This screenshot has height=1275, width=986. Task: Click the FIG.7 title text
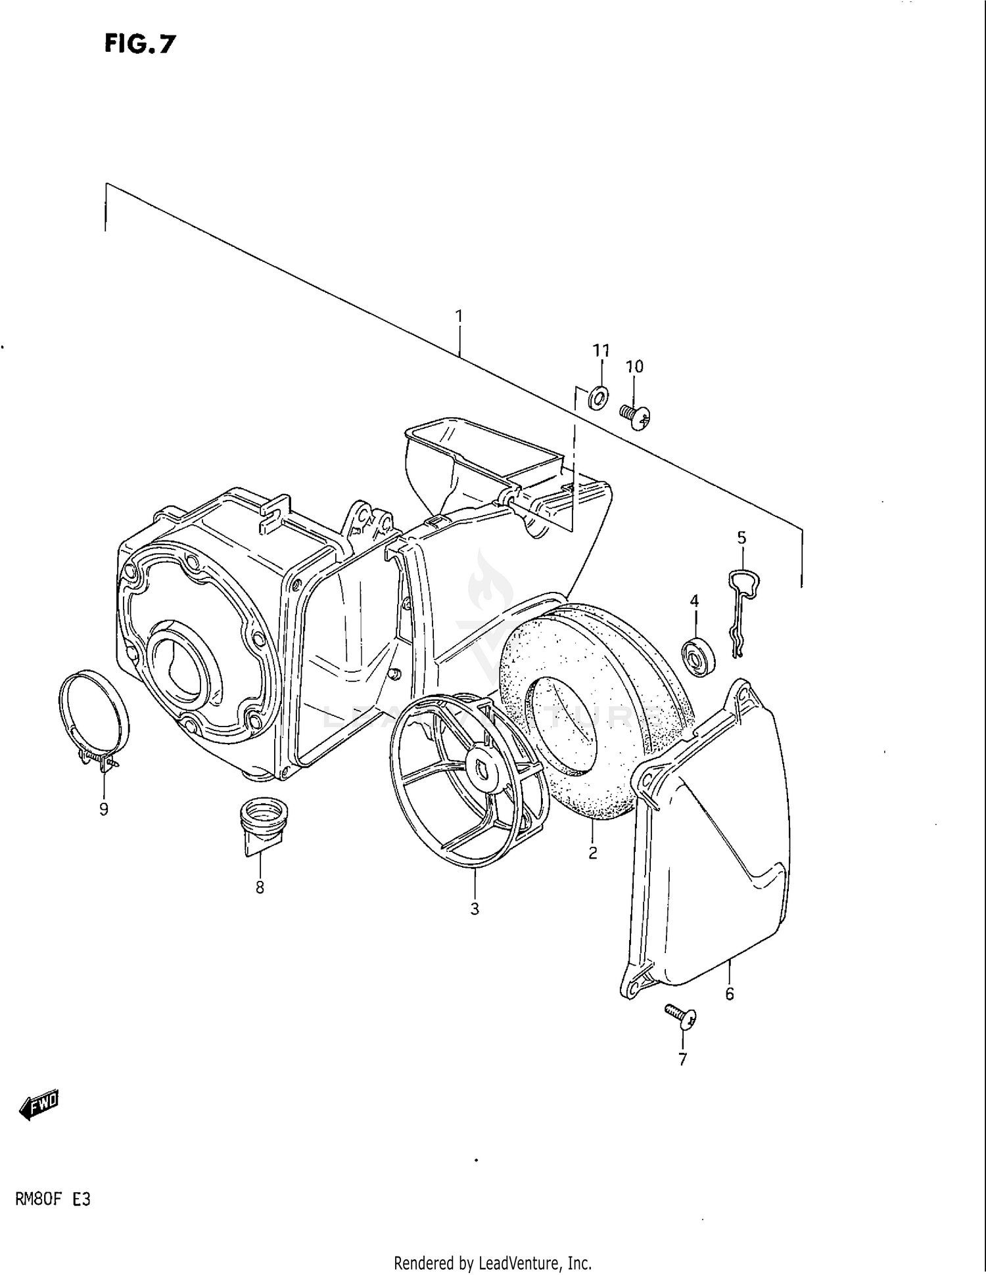click(x=139, y=43)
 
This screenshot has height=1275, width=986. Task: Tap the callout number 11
click(x=601, y=350)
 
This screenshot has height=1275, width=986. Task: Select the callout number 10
click(x=634, y=367)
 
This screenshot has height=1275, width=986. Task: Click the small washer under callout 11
click(x=598, y=397)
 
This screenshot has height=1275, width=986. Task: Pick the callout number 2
click(x=592, y=853)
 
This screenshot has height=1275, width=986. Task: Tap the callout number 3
click(x=475, y=909)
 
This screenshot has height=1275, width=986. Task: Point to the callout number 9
click(x=104, y=809)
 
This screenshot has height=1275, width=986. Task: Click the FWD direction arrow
click(x=39, y=1106)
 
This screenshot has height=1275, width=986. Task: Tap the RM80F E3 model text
click(x=53, y=1199)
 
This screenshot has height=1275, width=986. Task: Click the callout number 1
click(x=459, y=317)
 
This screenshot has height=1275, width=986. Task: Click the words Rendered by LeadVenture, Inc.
click(x=492, y=1262)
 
